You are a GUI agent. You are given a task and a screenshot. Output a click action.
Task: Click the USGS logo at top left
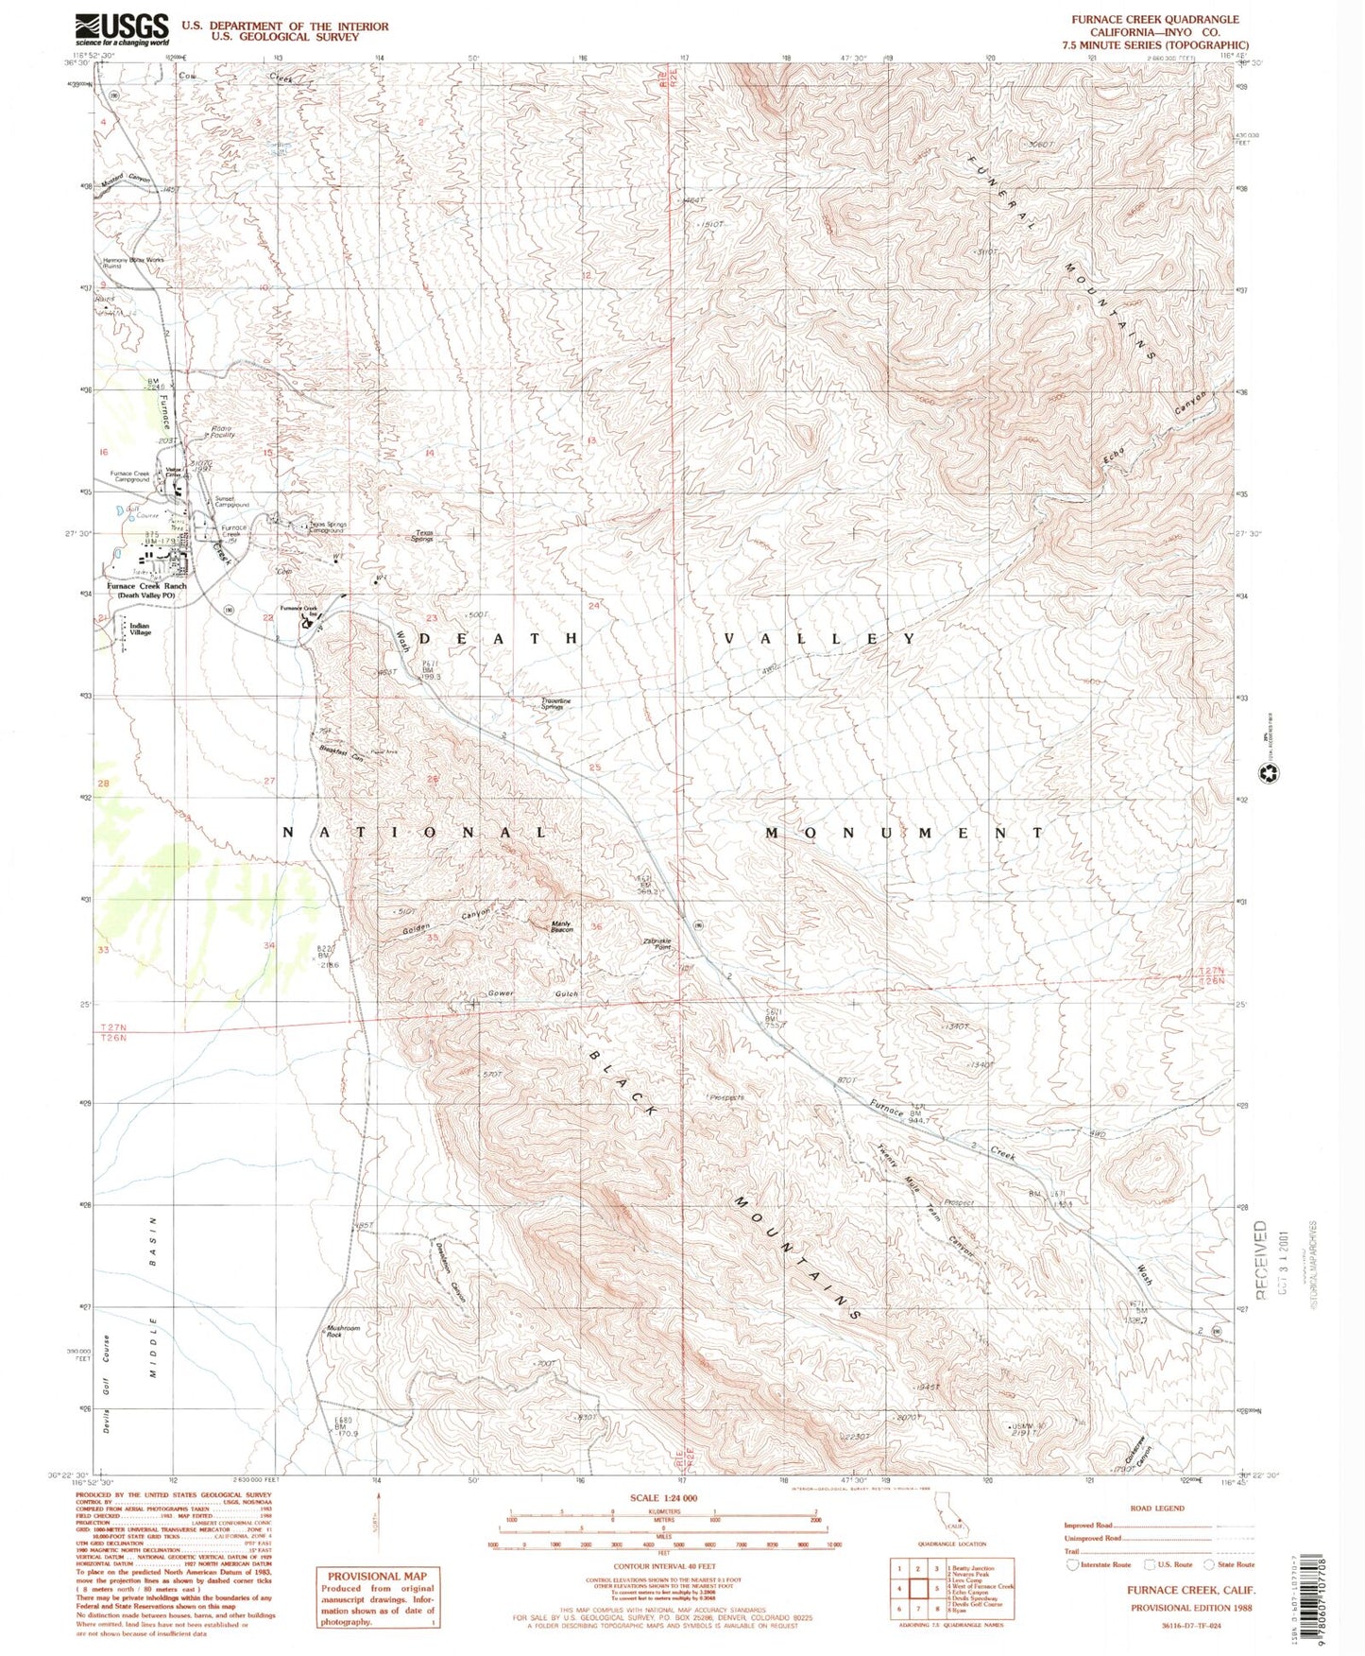point(122,29)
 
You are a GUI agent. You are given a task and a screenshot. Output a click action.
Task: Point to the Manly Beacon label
point(562,927)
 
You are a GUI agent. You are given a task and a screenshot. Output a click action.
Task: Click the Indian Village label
point(141,629)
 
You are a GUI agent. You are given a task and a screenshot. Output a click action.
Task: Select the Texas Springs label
point(420,536)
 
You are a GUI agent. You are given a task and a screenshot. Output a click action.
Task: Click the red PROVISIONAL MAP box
point(376,1596)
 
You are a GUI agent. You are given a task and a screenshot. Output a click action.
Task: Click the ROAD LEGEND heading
point(1156,1509)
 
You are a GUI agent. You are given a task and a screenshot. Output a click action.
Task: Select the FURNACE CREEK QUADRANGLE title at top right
point(1141,19)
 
